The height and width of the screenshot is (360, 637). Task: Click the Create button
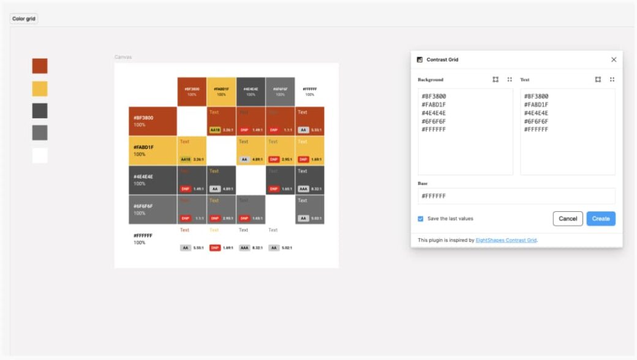point(600,219)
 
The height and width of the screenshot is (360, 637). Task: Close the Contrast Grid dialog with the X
point(614,59)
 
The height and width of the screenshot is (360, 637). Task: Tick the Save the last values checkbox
point(420,219)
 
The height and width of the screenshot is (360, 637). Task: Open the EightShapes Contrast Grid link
point(506,240)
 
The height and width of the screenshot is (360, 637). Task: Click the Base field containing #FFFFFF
point(516,196)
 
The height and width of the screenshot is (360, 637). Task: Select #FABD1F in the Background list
point(434,105)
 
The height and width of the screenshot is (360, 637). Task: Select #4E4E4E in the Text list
point(536,113)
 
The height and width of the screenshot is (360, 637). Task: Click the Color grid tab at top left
point(24,19)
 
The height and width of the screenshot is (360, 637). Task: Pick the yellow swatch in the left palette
point(40,89)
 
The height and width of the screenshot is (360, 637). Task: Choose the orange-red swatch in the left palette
point(40,66)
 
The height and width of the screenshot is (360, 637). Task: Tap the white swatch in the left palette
point(40,156)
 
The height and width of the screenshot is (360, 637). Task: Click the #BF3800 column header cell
point(192,91)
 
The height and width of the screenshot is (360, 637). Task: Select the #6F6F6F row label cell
point(153,209)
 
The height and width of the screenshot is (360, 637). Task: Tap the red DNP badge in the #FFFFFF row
point(215,248)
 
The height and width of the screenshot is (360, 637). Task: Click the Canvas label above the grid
point(123,57)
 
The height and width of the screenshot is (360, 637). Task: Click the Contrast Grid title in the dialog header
point(442,59)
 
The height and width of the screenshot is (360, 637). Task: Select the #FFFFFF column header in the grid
point(310,91)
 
